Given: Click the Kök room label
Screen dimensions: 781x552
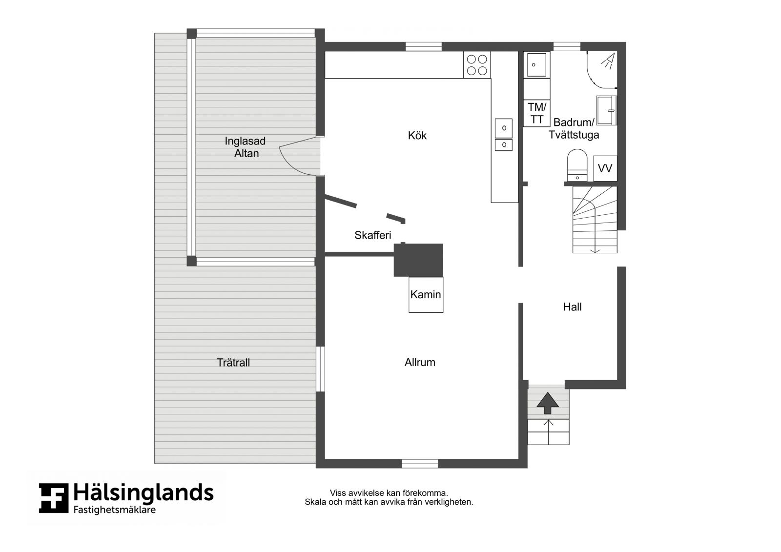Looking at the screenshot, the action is (x=417, y=135).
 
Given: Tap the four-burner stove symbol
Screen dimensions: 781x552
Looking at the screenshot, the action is (x=476, y=65).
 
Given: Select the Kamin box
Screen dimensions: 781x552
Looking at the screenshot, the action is (x=426, y=295).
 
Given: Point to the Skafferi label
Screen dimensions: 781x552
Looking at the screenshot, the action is (x=373, y=235).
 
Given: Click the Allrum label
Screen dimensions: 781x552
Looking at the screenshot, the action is (x=420, y=362).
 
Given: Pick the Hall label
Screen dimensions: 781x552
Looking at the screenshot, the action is (x=572, y=307).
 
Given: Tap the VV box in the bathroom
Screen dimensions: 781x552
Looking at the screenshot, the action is (x=605, y=168).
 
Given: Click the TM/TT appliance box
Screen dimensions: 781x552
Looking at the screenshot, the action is (x=536, y=113).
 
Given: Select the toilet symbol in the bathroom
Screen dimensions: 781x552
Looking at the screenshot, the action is (x=577, y=165).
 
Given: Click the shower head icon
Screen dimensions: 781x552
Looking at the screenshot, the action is (x=608, y=61).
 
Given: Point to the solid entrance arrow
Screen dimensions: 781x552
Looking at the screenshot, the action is (x=547, y=403).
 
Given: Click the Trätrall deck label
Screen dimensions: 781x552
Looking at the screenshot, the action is (x=233, y=363).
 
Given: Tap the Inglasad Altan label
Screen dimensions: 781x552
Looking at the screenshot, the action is (x=246, y=147).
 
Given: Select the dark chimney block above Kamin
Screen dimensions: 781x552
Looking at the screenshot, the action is (x=418, y=260).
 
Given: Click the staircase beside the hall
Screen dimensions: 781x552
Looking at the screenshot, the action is (x=595, y=220).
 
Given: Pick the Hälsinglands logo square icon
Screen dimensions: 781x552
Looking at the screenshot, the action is (x=53, y=498).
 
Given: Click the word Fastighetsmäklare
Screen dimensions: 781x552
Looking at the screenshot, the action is (x=115, y=510).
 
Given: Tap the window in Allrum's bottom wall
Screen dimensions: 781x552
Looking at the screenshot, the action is (x=420, y=464).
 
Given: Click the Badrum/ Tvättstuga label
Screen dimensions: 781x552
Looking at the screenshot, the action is (x=574, y=128).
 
